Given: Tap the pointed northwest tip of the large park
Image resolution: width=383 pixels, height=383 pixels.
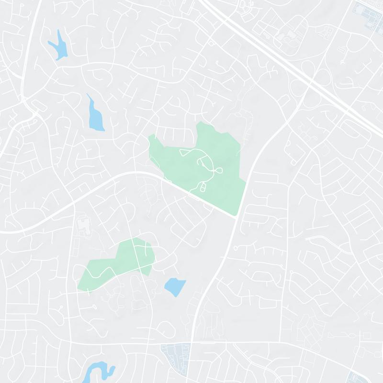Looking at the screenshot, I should (151, 136).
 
